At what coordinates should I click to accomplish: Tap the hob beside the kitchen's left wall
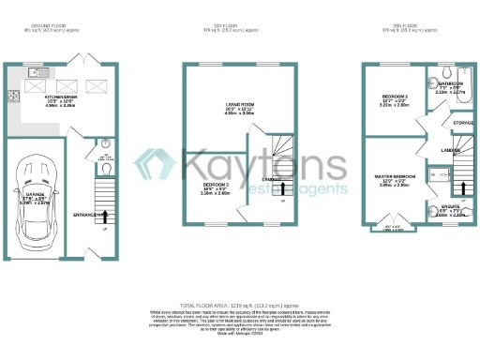pyautogui.click(x=13, y=96)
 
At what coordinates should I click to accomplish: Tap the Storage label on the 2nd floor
pyautogui.click(x=462, y=122)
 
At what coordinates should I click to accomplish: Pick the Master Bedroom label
pyautogui.click(x=395, y=177)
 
